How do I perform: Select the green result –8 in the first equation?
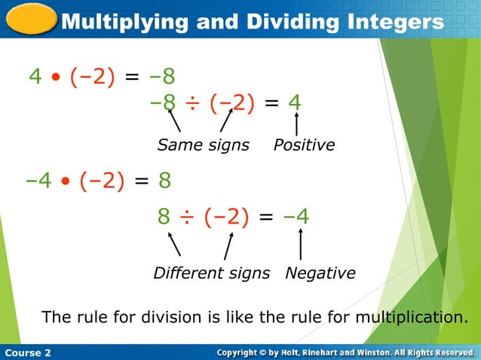161,77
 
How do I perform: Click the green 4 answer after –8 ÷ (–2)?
295,102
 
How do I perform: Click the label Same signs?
203,145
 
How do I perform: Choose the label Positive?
304,145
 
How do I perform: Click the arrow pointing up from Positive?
296,124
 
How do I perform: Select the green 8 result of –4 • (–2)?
164,182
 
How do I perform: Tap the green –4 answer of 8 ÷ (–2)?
296,217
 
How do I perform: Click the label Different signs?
211,273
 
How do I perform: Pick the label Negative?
320,273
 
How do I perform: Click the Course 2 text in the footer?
28,352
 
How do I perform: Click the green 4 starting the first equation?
35,77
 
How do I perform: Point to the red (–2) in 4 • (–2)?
93,77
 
